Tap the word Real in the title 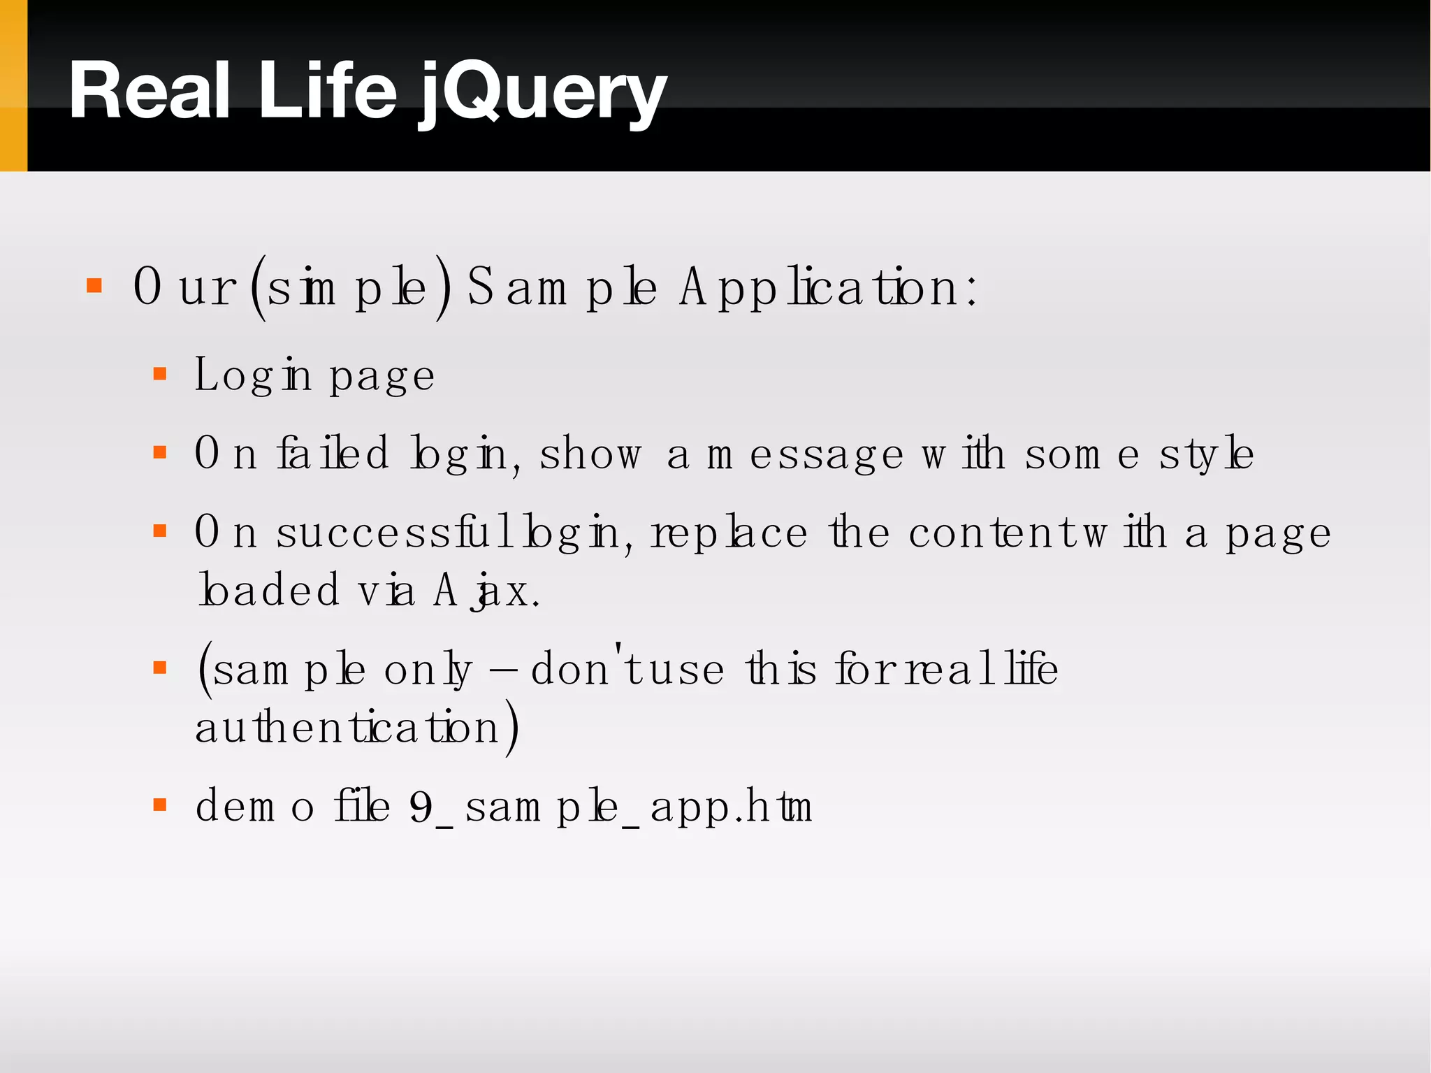click(x=150, y=92)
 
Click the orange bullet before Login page click(x=160, y=374)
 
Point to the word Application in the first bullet click(x=828, y=288)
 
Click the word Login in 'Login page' click(x=252, y=375)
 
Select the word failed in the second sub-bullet click(x=333, y=453)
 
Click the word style click(x=1206, y=454)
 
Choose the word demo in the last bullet click(x=254, y=807)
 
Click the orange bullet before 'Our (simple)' click(x=94, y=286)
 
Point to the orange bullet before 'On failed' click(x=160, y=453)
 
